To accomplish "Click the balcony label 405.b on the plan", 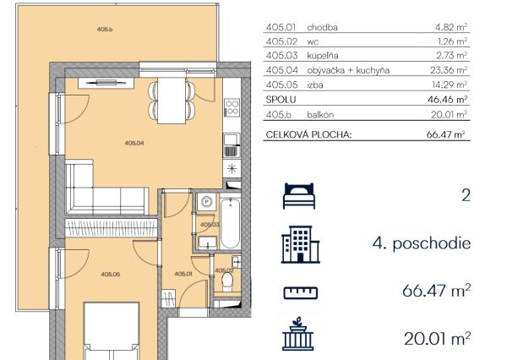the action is pos(105,29).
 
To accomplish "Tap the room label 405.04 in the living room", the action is pos(134,143).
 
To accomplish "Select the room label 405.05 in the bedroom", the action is pos(111,275).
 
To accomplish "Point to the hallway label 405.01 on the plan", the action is pos(183,274).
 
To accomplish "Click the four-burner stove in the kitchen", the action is pos(232,107).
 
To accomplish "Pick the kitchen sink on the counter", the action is pos(232,145).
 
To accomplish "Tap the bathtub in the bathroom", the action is pos(230,223).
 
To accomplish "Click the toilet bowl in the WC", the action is pos(227,281).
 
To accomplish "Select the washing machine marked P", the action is pos(206,202).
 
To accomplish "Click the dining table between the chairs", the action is pos(172,101).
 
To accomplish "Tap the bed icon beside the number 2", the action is pos(299,196).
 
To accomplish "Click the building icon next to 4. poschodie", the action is pos(300,244).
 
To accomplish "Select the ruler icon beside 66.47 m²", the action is pos(301,292).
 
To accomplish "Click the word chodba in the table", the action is pos(323,28).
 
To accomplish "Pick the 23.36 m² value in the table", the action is pos(449,70).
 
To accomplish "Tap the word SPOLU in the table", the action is pos(281,100).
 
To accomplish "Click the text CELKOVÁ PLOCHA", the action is pos(308,134).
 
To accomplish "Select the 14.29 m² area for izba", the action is pos(450,85).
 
